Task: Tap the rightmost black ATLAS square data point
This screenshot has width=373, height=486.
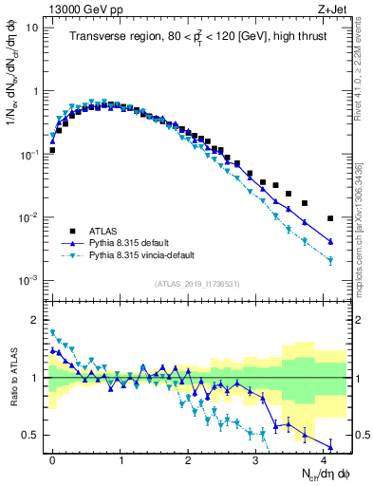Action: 330,217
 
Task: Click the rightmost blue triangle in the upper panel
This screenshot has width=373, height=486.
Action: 330,242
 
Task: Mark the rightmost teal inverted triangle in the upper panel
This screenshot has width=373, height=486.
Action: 330,261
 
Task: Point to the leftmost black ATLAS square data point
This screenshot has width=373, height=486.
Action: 53,150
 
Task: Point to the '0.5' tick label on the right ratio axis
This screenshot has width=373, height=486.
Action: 359,436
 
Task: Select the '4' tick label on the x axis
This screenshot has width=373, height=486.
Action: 324,458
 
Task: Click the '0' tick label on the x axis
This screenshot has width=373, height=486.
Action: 52,458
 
